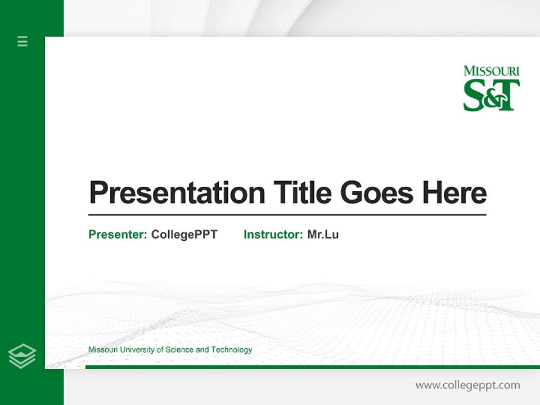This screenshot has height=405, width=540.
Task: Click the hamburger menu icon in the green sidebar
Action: tap(22, 41)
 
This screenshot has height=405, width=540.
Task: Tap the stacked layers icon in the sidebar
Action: tap(22, 356)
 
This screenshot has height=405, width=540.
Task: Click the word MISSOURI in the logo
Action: tap(492, 71)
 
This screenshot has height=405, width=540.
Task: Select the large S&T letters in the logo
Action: tap(491, 95)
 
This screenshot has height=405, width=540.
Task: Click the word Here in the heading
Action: tap(454, 193)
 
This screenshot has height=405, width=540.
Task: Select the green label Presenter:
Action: tap(118, 235)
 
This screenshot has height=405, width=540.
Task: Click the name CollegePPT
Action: tap(184, 235)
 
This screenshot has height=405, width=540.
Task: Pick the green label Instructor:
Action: tap(273, 235)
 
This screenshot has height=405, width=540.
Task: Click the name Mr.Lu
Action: tap(323, 235)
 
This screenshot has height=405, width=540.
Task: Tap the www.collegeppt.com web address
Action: tap(467, 385)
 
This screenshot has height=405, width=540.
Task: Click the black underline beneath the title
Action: tap(287, 214)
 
